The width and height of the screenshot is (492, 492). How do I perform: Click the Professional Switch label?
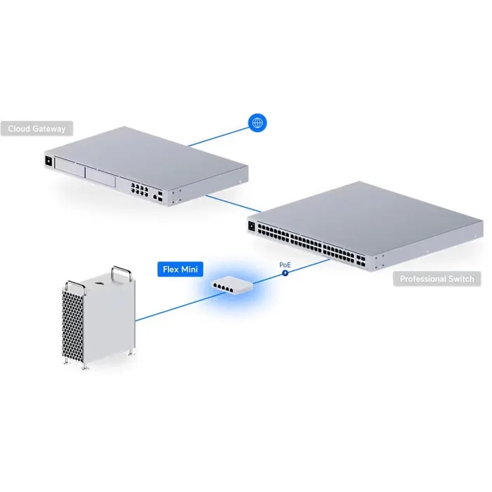pyautogui.click(x=436, y=279)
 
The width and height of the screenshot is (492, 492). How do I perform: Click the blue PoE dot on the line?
pyautogui.click(x=286, y=272)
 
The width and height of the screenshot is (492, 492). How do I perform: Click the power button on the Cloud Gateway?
pyautogui.click(x=48, y=161)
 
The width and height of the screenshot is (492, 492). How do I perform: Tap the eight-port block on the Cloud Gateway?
pyautogui.click(x=138, y=188)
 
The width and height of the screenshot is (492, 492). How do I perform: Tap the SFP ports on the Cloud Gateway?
pyautogui.click(x=161, y=196)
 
